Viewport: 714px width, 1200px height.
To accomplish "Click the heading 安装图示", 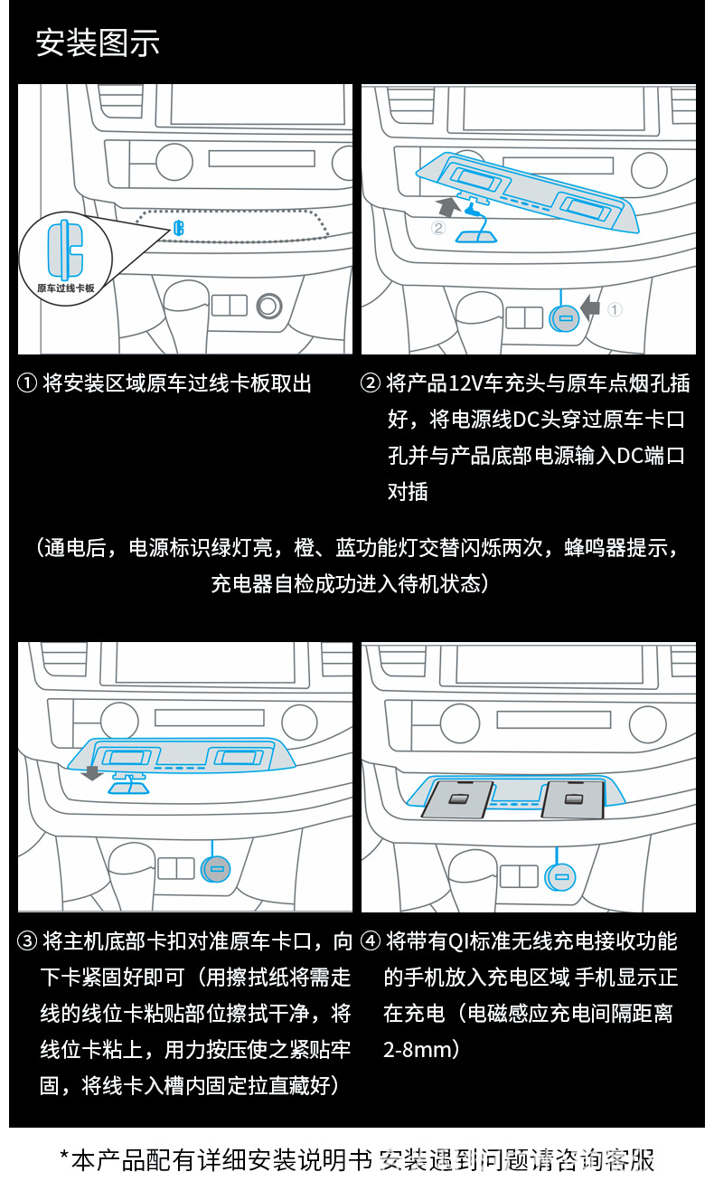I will click(x=98, y=43).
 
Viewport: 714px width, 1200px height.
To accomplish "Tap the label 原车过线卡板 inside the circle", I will click(x=66, y=287).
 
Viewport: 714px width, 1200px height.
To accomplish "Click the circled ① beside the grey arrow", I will click(x=615, y=309).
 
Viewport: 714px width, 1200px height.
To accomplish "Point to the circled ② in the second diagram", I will click(x=438, y=228).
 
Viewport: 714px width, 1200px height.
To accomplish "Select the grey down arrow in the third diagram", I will click(x=90, y=772).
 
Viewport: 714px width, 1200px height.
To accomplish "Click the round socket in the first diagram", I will click(x=268, y=306).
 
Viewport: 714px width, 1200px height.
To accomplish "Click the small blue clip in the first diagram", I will click(x=179, y=228).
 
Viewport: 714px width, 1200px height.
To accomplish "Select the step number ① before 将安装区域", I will click(x=27, y=383).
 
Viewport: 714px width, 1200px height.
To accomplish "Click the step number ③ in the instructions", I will click(x=27, y=941).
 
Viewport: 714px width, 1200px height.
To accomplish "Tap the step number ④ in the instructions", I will click(x=371, y=941).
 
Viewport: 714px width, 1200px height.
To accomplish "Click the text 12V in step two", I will click(x=465, y=383).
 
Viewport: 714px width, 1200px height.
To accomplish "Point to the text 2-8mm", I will click(x=418, y=1050).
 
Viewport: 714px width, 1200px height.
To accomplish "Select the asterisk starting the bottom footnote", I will click(x=64, y=1158).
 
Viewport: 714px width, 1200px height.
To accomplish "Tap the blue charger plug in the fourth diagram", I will click(x=559, y=875).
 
